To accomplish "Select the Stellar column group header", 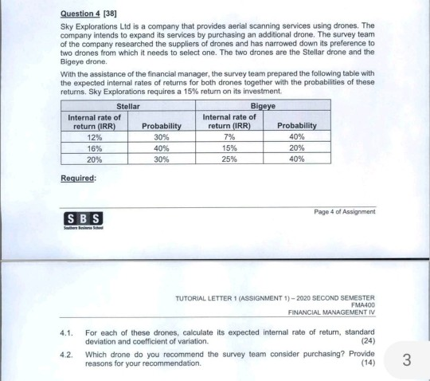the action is click(x=127, y=104).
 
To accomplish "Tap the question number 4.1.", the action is click(x=68, y=332).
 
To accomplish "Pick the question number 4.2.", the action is click(x=68, y=355).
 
